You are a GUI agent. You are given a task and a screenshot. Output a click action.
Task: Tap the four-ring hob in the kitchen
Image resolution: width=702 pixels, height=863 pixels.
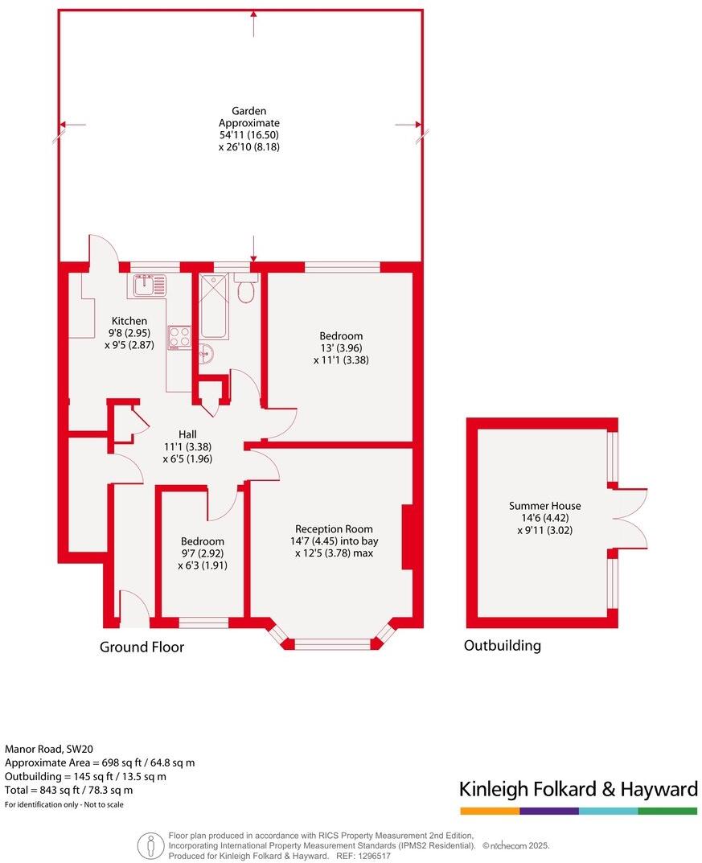click(x=179, y=338)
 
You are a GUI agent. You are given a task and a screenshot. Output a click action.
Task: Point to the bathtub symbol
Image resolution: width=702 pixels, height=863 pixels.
click(x=214, y=306)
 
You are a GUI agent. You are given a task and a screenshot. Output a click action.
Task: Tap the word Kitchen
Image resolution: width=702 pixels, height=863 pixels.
click(x=129, y=321)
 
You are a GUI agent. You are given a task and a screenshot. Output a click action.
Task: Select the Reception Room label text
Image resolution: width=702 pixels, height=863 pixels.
click(x=334, y=528)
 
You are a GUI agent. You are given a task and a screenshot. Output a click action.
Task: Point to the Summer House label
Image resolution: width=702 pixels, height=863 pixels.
click(x=544, y=506)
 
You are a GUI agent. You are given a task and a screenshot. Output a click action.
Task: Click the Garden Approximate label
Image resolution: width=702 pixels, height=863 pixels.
click(x=249, y=117)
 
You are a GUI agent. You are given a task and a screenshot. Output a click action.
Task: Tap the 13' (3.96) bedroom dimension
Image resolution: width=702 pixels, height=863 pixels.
click(x=341, y=348)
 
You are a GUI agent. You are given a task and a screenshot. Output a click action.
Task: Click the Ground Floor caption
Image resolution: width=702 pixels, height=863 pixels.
click(x=142, y=647)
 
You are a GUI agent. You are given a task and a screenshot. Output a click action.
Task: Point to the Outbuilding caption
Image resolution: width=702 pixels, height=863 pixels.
click(x=502, y=645)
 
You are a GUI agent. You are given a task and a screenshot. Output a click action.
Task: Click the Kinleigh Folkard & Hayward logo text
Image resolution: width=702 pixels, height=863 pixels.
click(x=577, y=789)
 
